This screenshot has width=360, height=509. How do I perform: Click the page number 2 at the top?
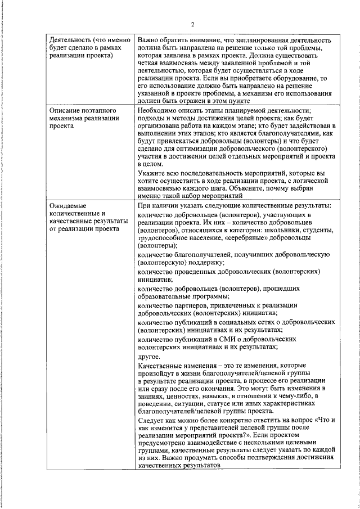tap(192, 24)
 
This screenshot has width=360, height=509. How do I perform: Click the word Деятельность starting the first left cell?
tap(70, 40)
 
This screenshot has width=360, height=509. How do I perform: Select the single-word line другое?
tap(149, 356)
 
